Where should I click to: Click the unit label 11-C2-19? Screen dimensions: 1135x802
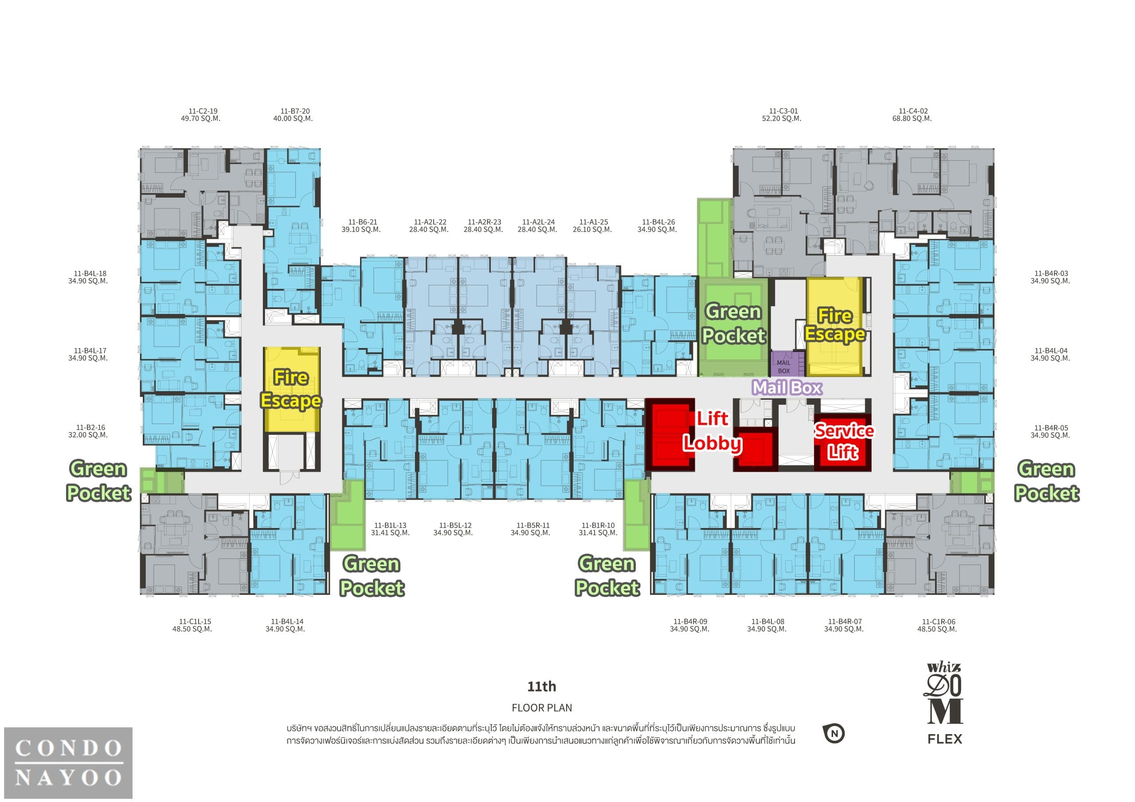point(203,111)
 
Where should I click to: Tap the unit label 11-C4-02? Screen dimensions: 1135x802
point(913,111)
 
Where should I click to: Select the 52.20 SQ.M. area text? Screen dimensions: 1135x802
point(782,119)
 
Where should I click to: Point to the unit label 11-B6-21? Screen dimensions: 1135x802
point(362,223)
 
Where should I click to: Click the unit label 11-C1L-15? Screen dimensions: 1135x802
point(195,622)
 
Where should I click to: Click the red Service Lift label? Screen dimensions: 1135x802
point(844,441)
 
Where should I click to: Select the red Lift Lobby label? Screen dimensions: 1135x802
point(712,431)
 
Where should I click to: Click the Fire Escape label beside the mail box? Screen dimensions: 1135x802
point(834,325)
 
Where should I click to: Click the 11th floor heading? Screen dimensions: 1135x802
point(542,686)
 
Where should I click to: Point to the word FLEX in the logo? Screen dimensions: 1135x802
point(945,739)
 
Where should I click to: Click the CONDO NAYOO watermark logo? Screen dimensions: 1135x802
point(68,763)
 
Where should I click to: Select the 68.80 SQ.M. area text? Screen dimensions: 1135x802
point(912,119)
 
